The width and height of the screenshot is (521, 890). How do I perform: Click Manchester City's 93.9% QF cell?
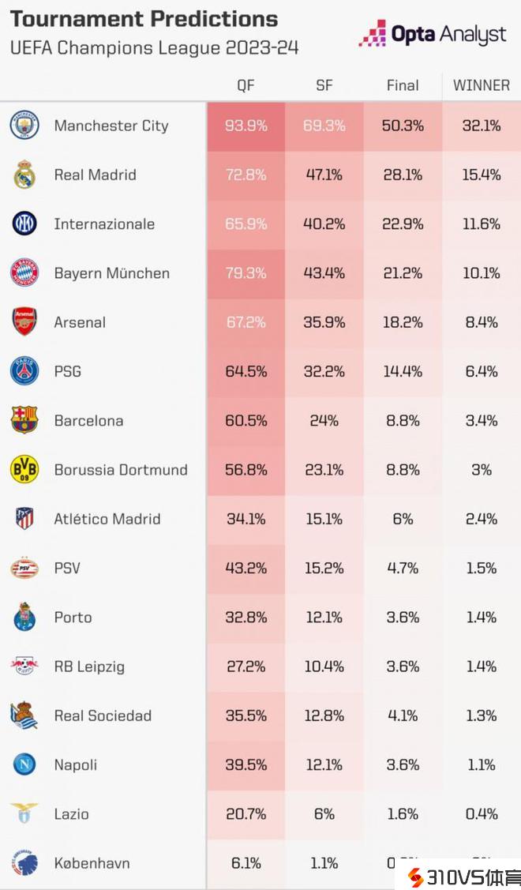(246, 126)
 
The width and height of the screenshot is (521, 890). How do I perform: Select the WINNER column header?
(481, 85)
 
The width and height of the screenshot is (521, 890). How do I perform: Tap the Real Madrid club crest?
(24, 175)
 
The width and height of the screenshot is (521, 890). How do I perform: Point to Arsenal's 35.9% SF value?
(324, 322)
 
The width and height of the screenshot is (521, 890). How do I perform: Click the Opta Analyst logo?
(433, 34)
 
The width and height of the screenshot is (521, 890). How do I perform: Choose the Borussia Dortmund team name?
(121, 470)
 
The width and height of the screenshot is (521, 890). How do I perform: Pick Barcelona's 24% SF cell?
(324, 421)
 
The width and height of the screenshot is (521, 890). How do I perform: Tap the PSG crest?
(24, 371)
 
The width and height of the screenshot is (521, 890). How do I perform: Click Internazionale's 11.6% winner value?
(481, 224)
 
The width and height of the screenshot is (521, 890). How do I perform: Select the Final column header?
(403, 85)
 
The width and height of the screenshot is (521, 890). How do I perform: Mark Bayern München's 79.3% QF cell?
(246, 273)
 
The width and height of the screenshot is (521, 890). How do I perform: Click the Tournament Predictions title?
(144, 19)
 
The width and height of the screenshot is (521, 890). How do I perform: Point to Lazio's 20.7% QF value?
(246, 814)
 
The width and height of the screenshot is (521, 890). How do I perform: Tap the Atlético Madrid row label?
(107, 519)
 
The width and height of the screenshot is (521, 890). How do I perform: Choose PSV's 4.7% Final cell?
(403, 569)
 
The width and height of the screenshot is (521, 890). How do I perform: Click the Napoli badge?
(24, 764)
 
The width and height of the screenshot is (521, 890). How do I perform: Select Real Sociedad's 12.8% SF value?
(324, 716)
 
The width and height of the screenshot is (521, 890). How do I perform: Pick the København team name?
(92, 863)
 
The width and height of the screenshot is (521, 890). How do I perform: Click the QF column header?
(246, 85)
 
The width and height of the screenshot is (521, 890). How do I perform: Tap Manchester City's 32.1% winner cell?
(481, 126)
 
